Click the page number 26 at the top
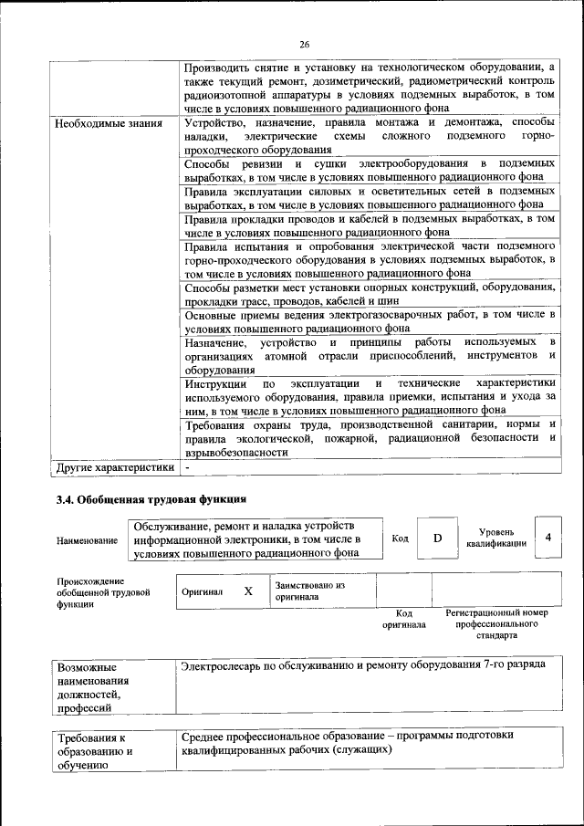point(305,43)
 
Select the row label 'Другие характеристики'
point(114,468)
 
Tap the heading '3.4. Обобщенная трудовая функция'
point(151,500)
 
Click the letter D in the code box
point(437,538)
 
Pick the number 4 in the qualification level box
point(547,538)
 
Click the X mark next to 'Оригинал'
point(247,591)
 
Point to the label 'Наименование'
point(88,540)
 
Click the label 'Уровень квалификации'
point(495,538)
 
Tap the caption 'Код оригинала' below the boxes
point(403,619)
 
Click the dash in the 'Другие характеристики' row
point(187,468)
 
